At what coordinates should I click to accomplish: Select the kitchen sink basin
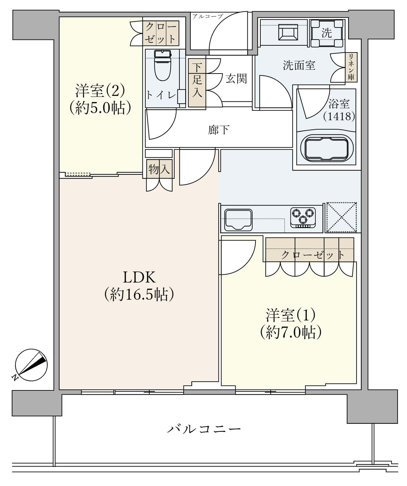(x=239, y=219)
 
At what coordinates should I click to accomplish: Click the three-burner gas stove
(x=303, y=217)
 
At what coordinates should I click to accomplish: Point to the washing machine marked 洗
(x=327, y=33)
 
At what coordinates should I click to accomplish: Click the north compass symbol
(x=31, y=365)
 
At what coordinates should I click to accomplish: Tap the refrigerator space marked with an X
(x=341, y=217)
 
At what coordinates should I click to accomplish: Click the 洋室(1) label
(x=290, y=314)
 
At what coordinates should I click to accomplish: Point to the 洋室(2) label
(x=100, y=90)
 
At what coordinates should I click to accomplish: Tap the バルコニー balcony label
(x=204, y=429)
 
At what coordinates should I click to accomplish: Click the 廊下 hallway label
(x=219, y=130)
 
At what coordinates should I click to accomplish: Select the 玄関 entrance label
(x=236, y=78)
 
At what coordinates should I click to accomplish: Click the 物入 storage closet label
(x=159, y=169)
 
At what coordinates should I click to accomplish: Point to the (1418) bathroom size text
(x=339, y=116)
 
